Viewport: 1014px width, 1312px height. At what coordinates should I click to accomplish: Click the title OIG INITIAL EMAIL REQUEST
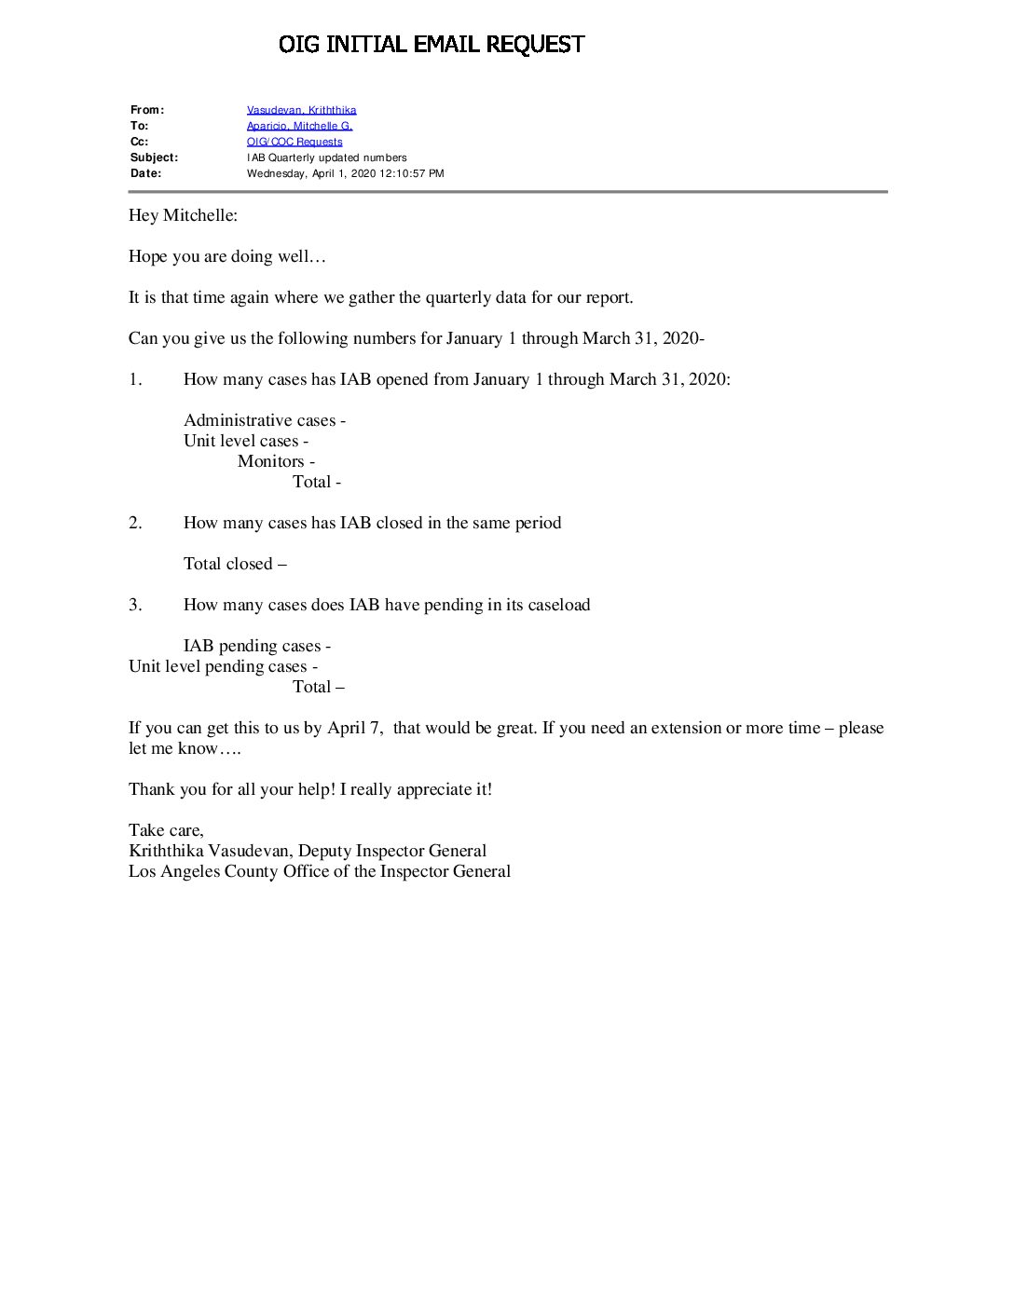(432, 44)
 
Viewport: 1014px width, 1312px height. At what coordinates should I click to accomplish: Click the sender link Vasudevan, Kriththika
(301, 110)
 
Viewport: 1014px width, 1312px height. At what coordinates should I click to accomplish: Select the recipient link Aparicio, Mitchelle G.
(299, 126)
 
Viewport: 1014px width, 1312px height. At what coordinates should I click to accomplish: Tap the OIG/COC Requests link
(295, 142)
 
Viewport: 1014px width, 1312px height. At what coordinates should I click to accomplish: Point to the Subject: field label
(154, 157)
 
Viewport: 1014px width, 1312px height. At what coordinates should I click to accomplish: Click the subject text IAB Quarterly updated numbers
(326, 157)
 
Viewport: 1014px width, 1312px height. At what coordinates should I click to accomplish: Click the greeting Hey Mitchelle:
(183, 215)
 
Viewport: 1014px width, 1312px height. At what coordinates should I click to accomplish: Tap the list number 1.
(135, 379)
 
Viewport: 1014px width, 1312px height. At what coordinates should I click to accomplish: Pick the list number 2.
(135, 523)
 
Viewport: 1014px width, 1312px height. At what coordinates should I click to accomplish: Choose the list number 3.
(135, 605)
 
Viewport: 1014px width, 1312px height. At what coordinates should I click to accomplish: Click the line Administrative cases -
(265, 420)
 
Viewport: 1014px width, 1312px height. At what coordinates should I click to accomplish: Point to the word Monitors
(271, 461)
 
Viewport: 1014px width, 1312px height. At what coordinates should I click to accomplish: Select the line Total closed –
(235, 564)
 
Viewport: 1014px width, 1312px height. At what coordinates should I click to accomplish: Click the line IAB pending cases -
(257, 646)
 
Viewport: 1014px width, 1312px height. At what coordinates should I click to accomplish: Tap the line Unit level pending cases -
(223, 666)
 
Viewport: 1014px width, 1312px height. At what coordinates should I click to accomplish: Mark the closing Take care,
(166, 830)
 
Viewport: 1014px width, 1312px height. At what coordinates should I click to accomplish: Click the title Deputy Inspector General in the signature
(391, 851)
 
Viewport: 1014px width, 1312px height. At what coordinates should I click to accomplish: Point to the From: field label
(147, 110)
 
